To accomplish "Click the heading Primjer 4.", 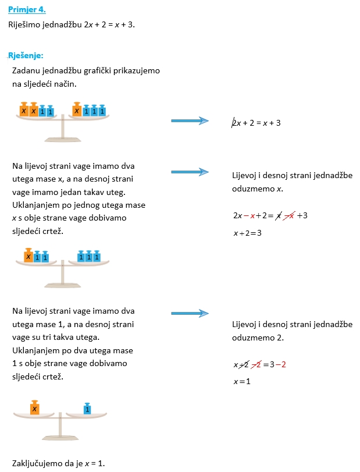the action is [x=27, y=10].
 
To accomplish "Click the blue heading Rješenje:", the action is [x=26, y=55].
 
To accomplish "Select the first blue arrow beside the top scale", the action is [x=190, y=120].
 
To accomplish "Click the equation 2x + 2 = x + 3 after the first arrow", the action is [x=256, y=123].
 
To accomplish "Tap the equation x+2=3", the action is [x=248, y=233].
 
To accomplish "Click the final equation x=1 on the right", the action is [x=242, y=381].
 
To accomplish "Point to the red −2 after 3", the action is [x=280, y=364].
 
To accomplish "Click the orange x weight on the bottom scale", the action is [x=34, y=407].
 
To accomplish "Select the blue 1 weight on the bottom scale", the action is [x=87, y=409].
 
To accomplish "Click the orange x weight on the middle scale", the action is [x=28, y=255].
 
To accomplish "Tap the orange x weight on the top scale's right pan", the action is [x=77, y=109].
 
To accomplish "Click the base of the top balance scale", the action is [x=63, y=139].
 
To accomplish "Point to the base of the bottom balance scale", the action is [x=60, y=438].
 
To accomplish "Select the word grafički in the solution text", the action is [x=97, y=71].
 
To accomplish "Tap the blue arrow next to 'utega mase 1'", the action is [x=190, y=313].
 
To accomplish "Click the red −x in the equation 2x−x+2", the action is [x=249, y=215].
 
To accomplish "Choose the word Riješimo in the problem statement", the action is [x=24, y=24].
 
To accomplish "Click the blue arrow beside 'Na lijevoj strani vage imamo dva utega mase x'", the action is [x=190, y=172].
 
